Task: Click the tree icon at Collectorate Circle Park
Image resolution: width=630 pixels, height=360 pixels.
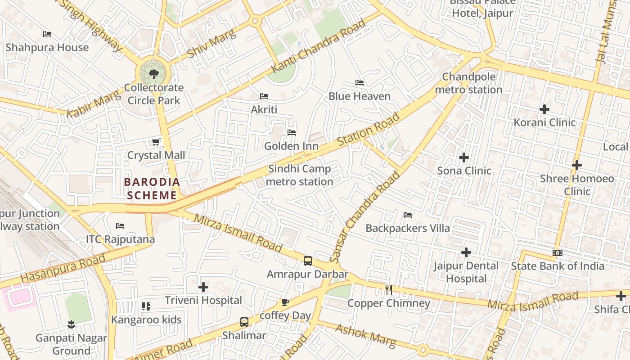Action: click(153, 73)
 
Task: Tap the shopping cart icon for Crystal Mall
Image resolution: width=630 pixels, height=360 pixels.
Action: click(156, 142)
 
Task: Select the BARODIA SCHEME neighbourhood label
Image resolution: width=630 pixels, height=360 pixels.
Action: click(152, 189)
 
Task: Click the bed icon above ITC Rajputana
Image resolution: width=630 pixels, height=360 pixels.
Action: click(120, 226)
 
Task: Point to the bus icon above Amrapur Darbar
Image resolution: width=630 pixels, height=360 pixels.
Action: click(308, 261)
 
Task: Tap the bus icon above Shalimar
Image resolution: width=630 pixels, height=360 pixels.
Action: click(244, 322)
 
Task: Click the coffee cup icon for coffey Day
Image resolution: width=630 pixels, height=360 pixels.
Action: click(285, 302)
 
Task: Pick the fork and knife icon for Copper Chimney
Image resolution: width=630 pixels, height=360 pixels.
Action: click(389, 290)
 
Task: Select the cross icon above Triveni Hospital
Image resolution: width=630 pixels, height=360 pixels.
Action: click(203, 287)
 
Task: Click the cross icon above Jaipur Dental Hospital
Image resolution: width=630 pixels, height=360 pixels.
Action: click(466, 252)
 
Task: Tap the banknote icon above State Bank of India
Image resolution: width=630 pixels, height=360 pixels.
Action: click(558, 253)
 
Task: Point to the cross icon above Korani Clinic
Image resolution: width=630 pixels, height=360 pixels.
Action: click(544, 109)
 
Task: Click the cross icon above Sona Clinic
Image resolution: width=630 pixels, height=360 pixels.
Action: click(464, 157)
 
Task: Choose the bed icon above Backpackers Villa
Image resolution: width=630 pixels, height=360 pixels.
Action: click(408, 215)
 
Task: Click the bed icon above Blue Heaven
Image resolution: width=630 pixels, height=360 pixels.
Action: click(360, 83)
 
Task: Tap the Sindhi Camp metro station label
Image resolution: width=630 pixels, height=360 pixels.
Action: click(300, 175)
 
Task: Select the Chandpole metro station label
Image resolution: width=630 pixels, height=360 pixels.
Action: click(468, 83)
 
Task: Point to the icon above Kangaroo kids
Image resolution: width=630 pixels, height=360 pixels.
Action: click(146, 306)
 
